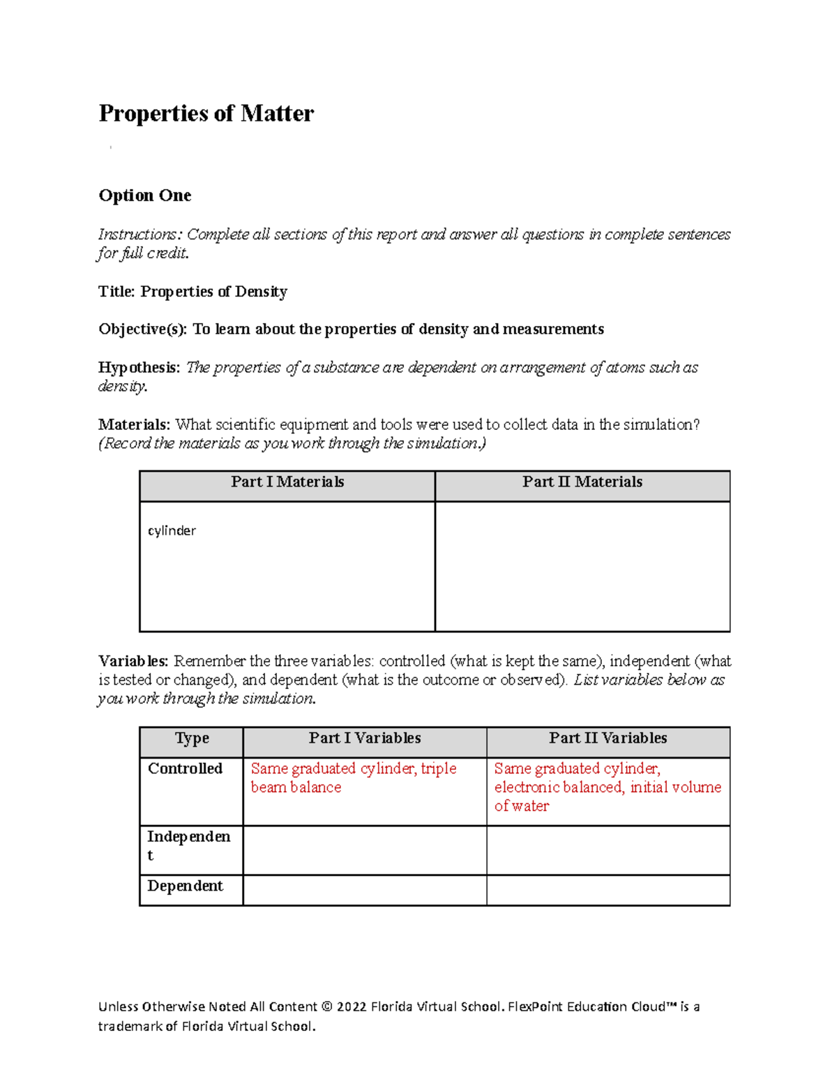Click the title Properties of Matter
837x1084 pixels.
click(206, 113)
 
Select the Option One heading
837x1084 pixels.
click(145, 195)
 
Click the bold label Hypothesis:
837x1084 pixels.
click(139, 367)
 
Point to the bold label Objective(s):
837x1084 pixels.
click(142, 329)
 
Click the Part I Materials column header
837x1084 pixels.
click(287, 482)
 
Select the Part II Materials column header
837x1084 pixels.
click(582, 482)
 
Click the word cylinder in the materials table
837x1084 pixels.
click(172, 530)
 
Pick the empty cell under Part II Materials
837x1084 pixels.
click(582, 566)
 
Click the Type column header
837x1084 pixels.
click(192, 738)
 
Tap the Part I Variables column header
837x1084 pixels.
click(365, 738)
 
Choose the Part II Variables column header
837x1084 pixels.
click(608, 738)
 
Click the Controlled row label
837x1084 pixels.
click(185, 769)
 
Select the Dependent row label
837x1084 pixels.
click(185, 886)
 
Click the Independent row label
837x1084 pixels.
click(188, 845)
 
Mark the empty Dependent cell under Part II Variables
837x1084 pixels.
click(608, 891)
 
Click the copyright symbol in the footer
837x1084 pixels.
click(326, 1007)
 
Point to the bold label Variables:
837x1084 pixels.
click(133, 661)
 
